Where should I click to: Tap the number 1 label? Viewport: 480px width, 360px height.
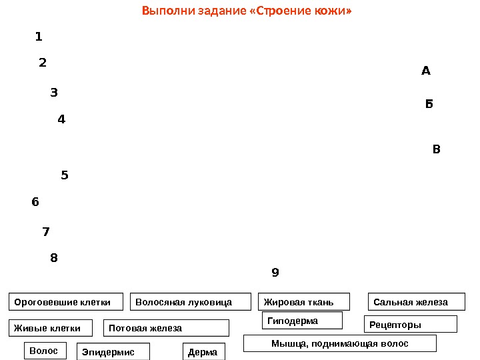[39, 36]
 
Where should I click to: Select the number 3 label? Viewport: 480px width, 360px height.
[54, 93]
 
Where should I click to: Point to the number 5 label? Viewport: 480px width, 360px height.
[65, 176]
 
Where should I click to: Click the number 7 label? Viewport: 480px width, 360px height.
[46, 232]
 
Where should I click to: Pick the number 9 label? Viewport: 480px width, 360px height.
[275, 273]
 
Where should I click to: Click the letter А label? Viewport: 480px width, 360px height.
[427, 70]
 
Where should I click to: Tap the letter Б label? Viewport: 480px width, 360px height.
[429, 104]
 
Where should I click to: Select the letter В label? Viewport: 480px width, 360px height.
[437, 149]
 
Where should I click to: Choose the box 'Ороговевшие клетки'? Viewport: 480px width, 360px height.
[66, 302]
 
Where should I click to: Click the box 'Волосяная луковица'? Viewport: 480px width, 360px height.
[190, 302]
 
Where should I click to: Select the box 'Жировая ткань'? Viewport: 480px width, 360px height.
[303, 302]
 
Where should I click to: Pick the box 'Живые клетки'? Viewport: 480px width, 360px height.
[53, 328]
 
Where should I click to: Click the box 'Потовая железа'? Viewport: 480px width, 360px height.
[166, 328]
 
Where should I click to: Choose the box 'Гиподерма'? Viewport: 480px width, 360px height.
[301, 321]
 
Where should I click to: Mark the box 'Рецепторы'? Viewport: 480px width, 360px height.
[410, 325]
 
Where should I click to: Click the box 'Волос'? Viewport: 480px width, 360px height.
[45, 350]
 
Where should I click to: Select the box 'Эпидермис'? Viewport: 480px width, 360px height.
[113, 351]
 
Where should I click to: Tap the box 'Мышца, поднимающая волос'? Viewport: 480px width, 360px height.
[339, 343]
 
